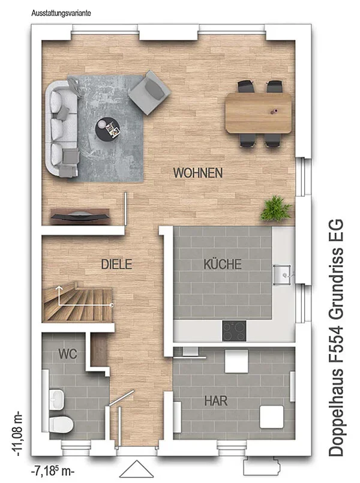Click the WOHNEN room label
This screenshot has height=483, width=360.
click(x=198, y=173)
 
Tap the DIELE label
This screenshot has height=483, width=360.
click(x=117, y=264)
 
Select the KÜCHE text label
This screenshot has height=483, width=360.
click(x=223, y=264)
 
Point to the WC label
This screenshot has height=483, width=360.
click(x=67, y=354)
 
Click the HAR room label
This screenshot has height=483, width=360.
click(x=216, y=401)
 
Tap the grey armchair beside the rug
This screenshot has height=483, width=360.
click(x=149, y=92)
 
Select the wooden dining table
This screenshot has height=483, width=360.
click(x=259, y=113)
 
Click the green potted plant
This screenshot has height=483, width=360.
click(x=275, y=209)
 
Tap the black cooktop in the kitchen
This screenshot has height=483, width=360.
click(x=234, y=331)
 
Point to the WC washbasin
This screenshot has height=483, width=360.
click(x=56, y=400)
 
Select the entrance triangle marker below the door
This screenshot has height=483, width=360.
click(x=136, y=469)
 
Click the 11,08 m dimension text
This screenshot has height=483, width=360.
click(x=17, y=433)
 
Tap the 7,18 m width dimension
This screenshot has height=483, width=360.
click(x=53, y=471)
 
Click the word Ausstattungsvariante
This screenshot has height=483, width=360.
click(x=61, y=13)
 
